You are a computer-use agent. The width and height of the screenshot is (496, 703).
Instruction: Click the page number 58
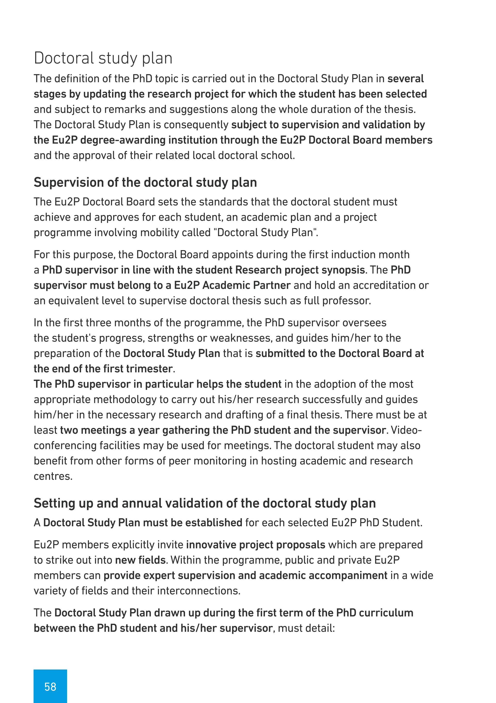coord(50,687)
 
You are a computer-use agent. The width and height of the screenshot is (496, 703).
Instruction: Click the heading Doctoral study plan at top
coord(103,58)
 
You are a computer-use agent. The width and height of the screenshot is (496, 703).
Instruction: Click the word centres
coord(53,476)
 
